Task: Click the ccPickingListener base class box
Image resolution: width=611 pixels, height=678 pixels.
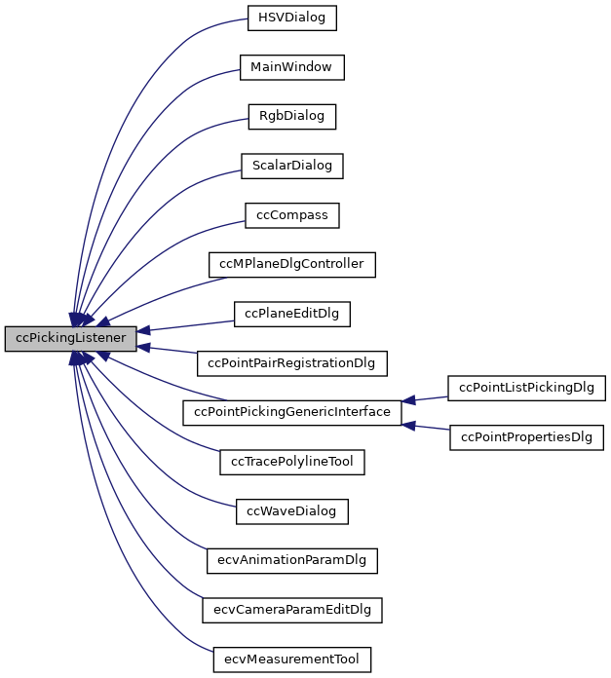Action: [70, 339]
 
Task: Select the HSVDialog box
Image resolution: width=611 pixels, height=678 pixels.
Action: [291, 18]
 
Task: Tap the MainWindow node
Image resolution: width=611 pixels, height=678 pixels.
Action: [291, 67]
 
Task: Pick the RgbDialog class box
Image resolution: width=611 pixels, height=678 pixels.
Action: [291, 117]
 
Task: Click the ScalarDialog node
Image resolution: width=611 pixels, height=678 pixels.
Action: [291, 166]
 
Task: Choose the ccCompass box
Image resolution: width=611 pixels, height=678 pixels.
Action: [291, 215]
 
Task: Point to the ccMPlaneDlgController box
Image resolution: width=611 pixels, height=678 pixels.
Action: [291, 264]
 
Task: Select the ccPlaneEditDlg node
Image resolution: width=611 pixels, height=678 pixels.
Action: [291, 314]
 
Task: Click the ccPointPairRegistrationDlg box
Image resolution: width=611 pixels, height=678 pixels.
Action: [291, 363]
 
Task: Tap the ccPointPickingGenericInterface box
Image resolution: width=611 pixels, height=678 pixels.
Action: [291, 412]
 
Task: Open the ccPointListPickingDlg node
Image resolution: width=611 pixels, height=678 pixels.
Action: [527, 388]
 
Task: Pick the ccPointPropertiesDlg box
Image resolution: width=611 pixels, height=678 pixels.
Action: [527, 437]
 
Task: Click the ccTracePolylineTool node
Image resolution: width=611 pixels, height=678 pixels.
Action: [291, 462]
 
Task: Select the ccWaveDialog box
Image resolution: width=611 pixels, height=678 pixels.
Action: [291, 510]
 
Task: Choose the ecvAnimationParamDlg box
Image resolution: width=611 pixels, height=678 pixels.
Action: [291, 560]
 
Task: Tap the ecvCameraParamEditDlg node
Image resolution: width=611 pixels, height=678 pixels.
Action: [291, 610]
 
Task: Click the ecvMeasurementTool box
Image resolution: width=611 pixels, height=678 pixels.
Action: [291, 659]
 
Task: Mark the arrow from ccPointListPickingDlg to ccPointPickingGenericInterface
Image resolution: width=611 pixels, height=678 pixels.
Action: [426, 398]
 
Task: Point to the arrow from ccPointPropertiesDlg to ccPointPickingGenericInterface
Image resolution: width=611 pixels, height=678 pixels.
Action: [426, 427]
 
